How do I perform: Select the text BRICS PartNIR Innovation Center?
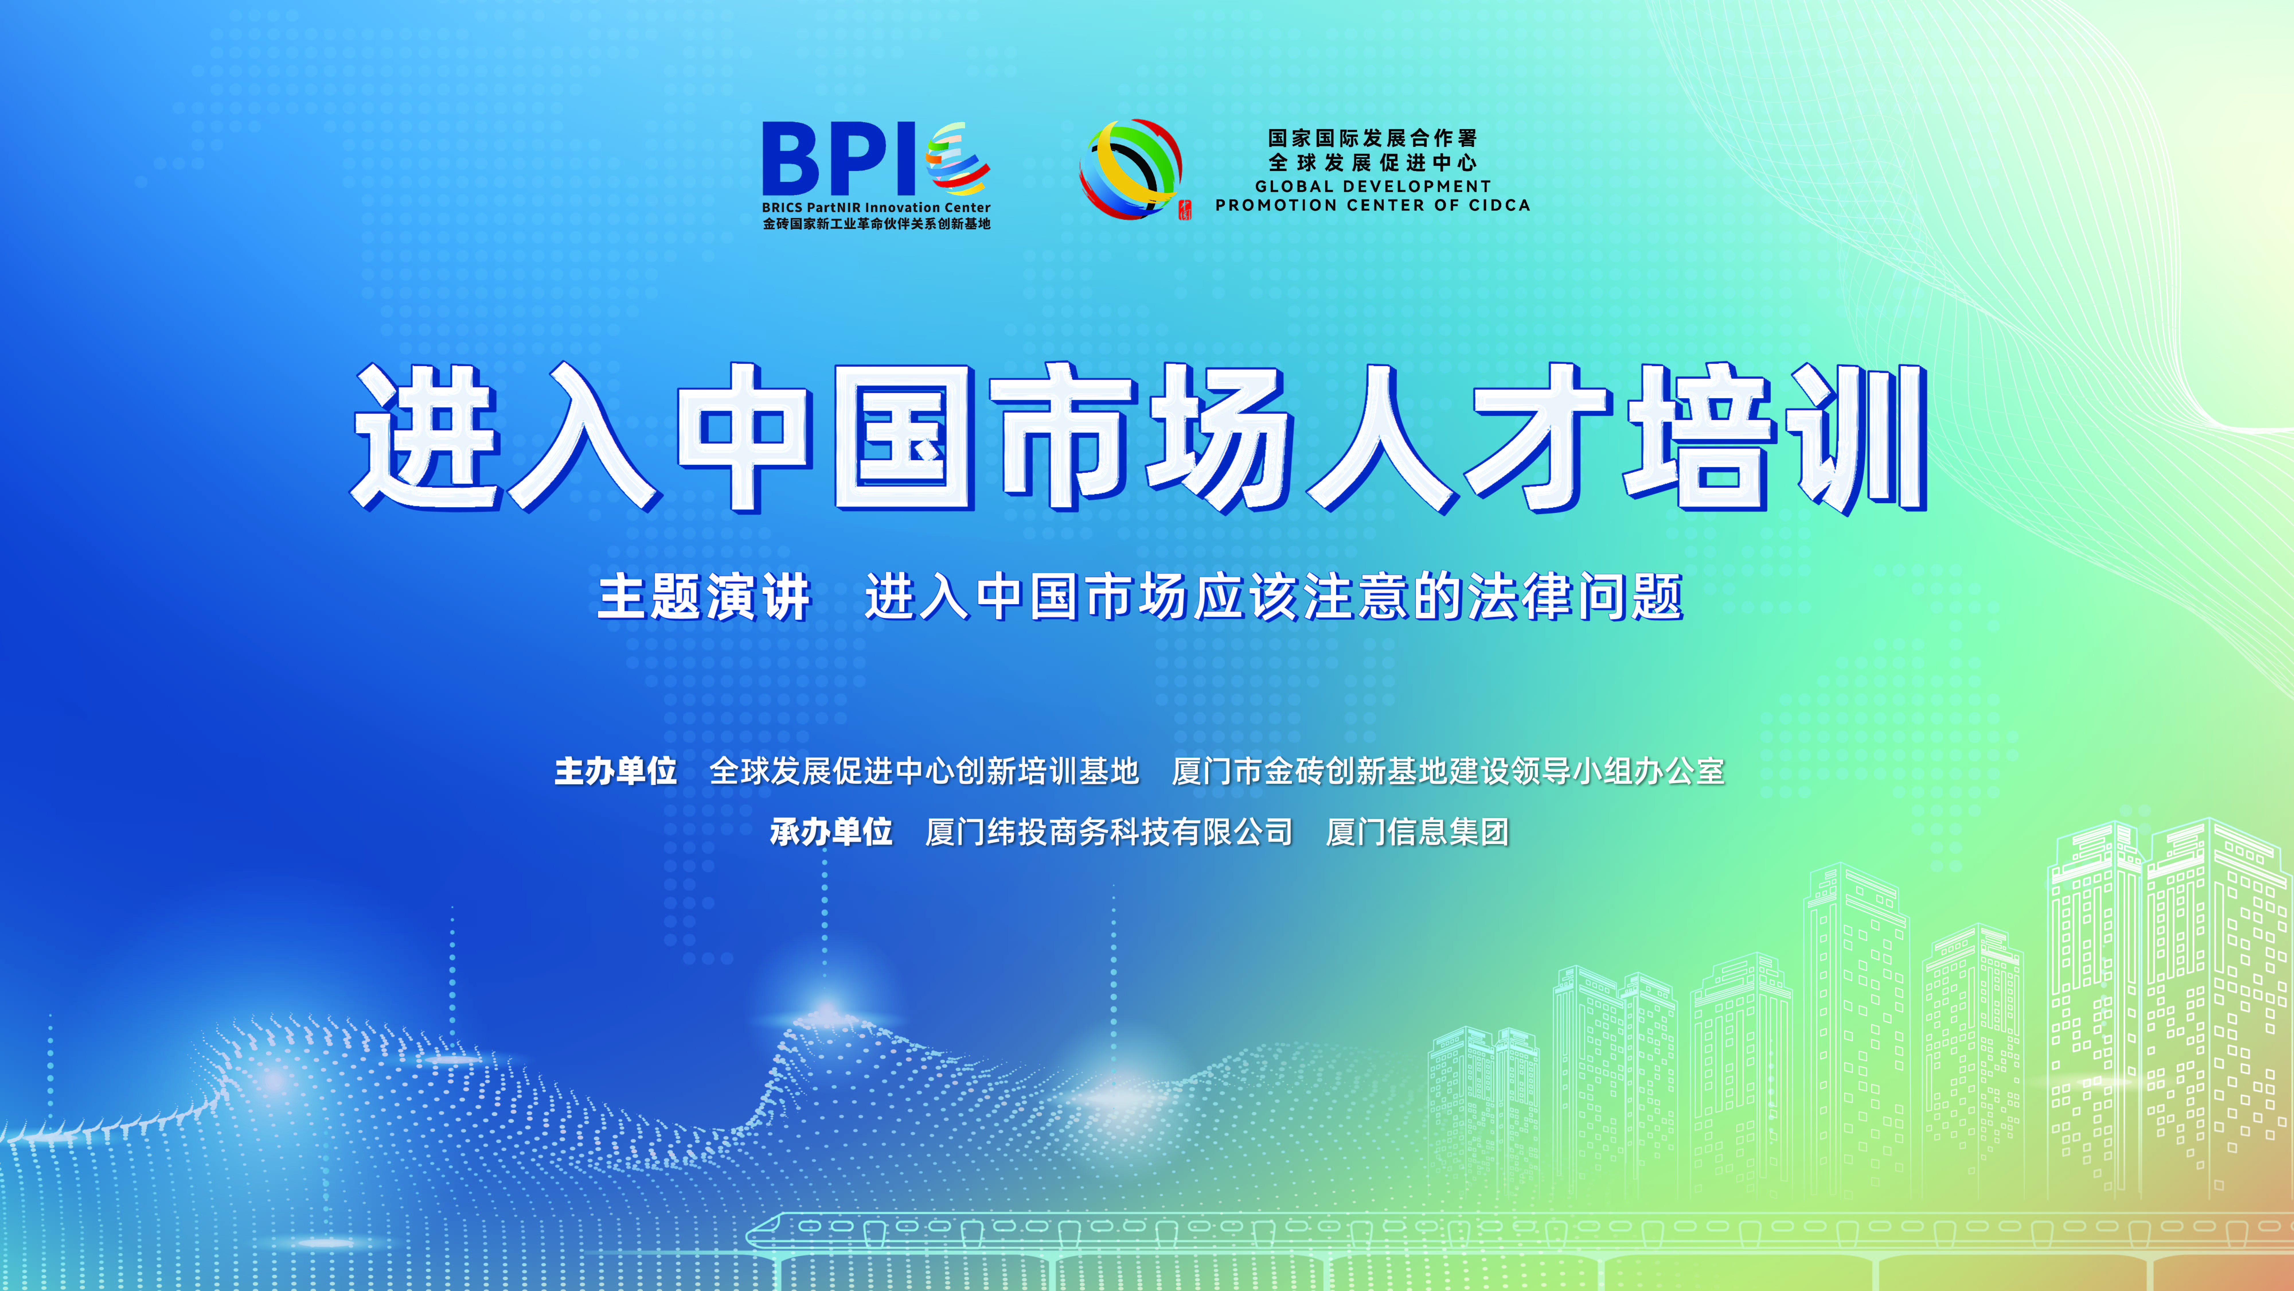876,208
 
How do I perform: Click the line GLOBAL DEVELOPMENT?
1372,186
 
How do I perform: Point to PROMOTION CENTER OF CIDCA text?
1372,205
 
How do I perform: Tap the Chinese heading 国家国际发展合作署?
1372,138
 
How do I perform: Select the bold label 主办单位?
615,771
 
